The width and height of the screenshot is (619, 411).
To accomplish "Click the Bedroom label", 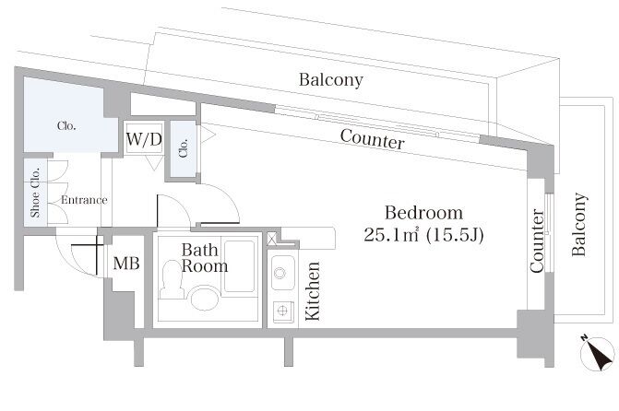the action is tap(423, 213).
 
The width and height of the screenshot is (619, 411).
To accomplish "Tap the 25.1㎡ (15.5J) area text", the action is tap(423, 235).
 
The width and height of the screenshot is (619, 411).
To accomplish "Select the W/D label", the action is tap(144, 139).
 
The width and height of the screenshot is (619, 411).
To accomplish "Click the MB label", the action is tap(126, 264).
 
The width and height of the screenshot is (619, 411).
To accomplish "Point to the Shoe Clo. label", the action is tap(36, 193).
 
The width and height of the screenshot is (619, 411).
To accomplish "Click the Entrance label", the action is tap(84, 200).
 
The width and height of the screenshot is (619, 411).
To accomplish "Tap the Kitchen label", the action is tap(313, 291).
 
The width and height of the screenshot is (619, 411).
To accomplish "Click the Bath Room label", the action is tap(205, 258).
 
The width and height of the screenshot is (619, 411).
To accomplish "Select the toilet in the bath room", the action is tap(172, 279).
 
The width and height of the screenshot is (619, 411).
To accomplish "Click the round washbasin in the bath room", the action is tap(205, 299).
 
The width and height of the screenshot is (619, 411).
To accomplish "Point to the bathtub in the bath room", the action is tap(239, 266).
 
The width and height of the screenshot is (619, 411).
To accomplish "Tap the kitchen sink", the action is tap(282, 273).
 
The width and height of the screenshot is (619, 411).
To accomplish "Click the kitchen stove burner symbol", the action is tap(282, 311).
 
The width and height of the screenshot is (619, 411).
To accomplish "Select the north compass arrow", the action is tap(598, 354).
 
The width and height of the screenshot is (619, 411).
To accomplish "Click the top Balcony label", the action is tap(331, 80).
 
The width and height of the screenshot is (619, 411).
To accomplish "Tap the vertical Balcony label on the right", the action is tap(579, 225).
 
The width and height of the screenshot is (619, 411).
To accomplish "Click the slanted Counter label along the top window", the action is tap(373, 139).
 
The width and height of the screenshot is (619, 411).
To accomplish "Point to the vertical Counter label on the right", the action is tap(537, 241).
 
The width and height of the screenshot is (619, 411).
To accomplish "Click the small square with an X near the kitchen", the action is tap(272, 239).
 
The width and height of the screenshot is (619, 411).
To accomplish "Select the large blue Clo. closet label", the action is tap(66, 126).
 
